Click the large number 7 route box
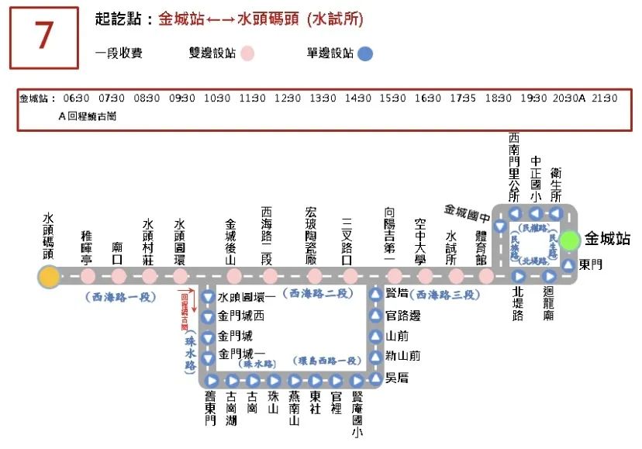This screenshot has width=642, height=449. [x=44, y=38]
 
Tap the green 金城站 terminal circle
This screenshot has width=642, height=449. [x=571, y=240]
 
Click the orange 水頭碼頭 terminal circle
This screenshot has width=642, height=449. [x=49, y=277]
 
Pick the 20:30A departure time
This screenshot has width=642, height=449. [x=569, y=98]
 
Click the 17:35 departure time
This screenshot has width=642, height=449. [x=463, y=98]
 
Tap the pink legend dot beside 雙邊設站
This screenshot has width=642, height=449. [x=247, y=54]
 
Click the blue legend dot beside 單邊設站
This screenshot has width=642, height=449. [x=365, y=54]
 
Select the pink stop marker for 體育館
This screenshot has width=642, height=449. [x=486, y=276]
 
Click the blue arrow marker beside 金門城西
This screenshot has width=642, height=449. [x=208, y=316]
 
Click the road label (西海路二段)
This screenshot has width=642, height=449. [x=316, y=292]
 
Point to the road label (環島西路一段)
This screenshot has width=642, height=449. [x=326, y=361]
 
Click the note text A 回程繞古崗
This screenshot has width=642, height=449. [x=88, y=116]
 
